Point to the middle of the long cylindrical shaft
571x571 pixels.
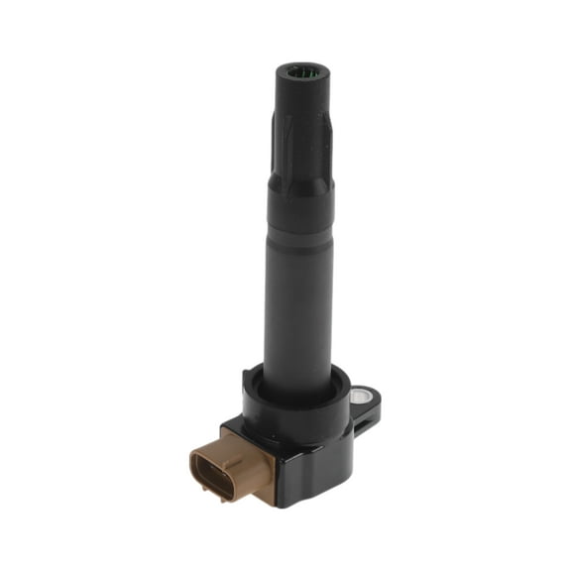(297, 297)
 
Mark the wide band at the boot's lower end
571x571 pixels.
(298, 198)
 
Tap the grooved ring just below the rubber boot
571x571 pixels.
(298, 232)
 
